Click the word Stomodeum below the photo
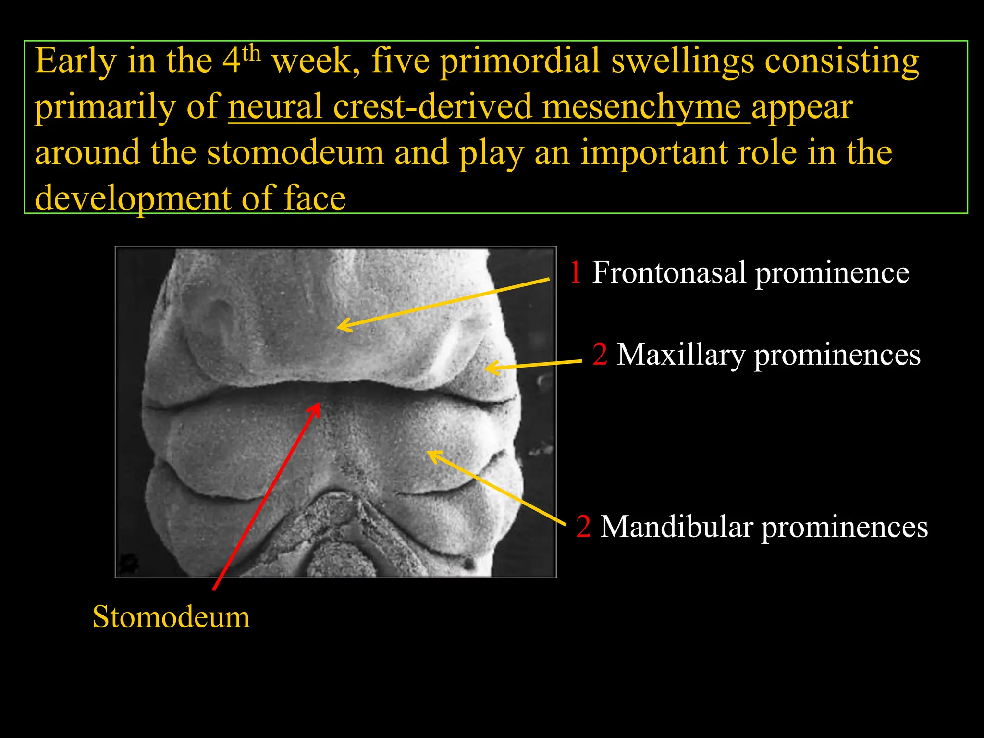point(171,617)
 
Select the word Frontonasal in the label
point(669,272)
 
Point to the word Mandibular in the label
point(676,527)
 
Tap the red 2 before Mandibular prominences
point(583,527)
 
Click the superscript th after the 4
point(251,52)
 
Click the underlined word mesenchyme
point(641,107)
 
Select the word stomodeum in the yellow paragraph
point(295,153)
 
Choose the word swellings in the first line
point(682,61)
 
